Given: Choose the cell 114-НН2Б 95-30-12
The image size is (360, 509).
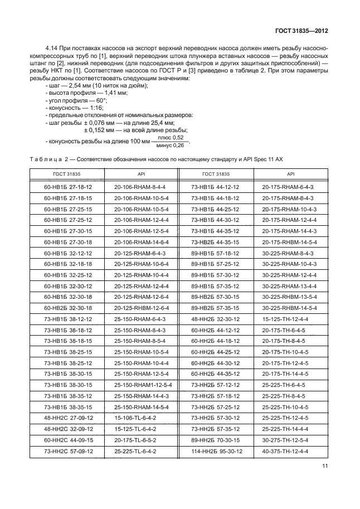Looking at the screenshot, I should tap(216, 450).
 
